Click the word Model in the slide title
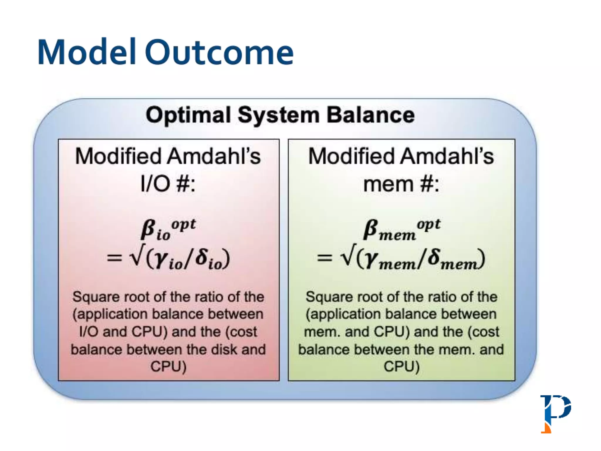(87, 52)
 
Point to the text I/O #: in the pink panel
(168, 184)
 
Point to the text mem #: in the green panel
(401, 184)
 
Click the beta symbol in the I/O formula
(148, 229)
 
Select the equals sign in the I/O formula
(114, 258)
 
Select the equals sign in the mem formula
(325, 258)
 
